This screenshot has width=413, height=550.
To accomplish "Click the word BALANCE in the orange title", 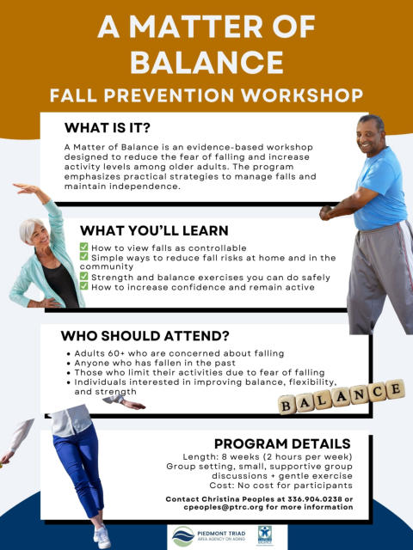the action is click(206, 62).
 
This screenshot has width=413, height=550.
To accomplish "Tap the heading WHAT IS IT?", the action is click(107, 128).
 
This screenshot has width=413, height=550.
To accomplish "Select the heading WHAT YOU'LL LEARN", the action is click(154, 230).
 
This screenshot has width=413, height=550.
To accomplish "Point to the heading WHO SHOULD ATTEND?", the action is click(145, 336).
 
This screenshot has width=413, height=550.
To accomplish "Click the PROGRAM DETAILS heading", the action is click(282, 443).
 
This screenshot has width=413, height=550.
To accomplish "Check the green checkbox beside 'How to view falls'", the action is click(83, 247).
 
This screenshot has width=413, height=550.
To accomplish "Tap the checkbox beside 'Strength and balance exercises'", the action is click(83, 276).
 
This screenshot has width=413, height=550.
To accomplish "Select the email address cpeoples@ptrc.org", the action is click(224, 507).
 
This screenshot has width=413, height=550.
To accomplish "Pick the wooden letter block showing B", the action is click(287, 405).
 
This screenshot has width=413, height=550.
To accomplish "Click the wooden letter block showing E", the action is click(396, 389).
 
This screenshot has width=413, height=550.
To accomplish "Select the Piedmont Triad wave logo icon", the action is click(183, 536).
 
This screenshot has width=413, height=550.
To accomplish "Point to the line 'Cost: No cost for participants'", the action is click(281, 486).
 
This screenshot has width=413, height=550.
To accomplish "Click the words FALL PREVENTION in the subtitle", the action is click(142, 95).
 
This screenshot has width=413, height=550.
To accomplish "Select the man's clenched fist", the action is click(326, 212).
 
